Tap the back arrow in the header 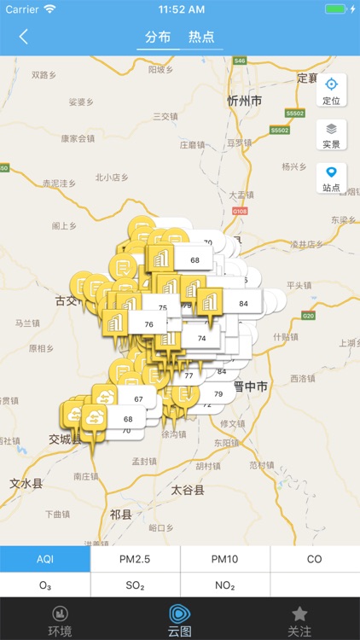(x=23, y=37)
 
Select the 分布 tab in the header (x=158, y=37)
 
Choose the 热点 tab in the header (x=201, y=37)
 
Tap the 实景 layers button (x=331, y=134)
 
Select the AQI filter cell (x=45, y=559)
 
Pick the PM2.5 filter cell (x=135, y=559)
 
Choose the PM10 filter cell (x=225, y=559)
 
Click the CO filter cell (x=315, y=559)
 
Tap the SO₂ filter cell (x=135, y=585)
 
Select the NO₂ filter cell (x=225, y=585)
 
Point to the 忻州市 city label (x=244, y=101)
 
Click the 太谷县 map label (x=188, y=491)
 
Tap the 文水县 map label (x=26, y=483)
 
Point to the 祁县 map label (x=121, y=515)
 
